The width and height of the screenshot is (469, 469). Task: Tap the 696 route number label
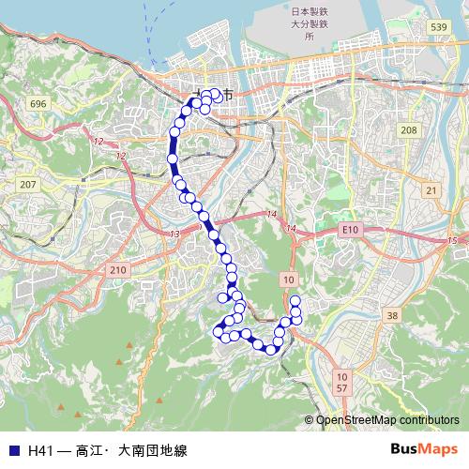[38, 102]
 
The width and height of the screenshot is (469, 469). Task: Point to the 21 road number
[431, 190]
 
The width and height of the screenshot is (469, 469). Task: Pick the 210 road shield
[118, 270]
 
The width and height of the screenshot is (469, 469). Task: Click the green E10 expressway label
[351, 229]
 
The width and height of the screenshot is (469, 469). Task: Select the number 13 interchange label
[174, 233]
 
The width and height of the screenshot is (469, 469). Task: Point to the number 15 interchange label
[452, 242]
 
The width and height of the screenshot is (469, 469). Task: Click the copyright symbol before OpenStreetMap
[310, 420]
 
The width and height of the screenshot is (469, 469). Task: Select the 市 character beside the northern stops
[228, 95]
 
